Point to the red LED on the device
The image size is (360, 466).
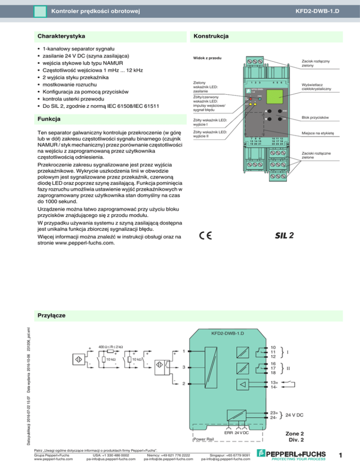click(x=251, y=99)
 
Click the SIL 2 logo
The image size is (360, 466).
click(x=284, y=235)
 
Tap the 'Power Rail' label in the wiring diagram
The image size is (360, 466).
click(x=206, y=439)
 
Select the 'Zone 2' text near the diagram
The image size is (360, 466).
click(x=298, y=433)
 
